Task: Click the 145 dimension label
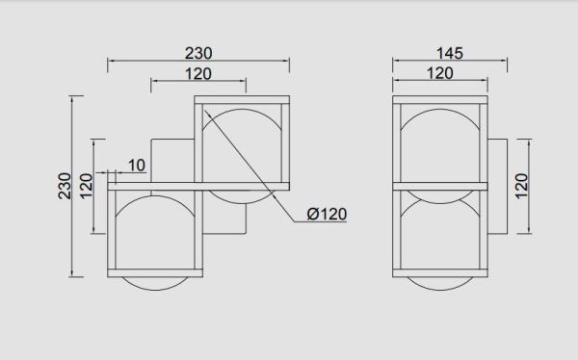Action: tap(449, 54)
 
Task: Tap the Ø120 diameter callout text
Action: tap(327, 214)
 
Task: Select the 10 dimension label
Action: tap(137, 166)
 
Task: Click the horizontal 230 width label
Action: tap(198, 54)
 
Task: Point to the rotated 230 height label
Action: tap(65, 186)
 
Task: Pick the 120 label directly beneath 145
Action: tap(440, 73)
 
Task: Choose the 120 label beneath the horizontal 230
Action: tap(198, 74)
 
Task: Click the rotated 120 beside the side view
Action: tap(521, 187)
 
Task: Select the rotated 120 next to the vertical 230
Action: tap(87, 187)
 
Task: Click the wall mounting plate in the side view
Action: tap(498, 186)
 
